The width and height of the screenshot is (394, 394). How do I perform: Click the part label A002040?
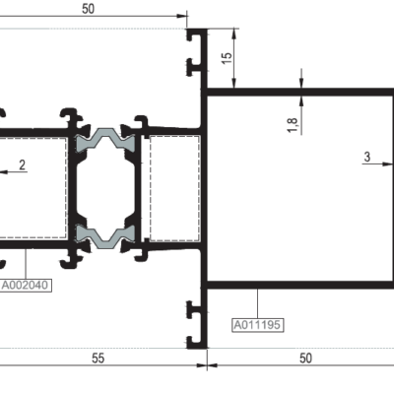click(27, 285)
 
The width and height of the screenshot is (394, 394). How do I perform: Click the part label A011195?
click(257, 325)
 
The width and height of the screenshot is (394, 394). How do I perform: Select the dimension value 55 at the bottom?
click(98, 359)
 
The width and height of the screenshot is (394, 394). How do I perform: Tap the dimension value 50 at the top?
click(88, 9)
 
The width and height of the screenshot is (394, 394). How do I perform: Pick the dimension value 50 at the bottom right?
click(305, 359)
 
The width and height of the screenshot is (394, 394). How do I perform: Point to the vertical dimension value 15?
click(227, 58)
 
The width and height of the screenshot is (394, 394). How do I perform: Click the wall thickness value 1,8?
click(293, 125)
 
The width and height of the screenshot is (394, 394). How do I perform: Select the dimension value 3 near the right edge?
click(367, 157)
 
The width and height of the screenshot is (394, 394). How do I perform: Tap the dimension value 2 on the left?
click(22, 164)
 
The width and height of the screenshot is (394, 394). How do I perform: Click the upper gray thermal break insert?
click(105, 140)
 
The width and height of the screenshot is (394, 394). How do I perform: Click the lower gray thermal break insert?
click(105, 235)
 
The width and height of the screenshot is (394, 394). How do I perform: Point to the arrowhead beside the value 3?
click(387, 164)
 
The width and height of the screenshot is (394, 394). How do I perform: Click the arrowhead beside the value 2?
click(4, 171)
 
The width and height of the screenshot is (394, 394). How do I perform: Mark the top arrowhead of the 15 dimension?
click(234, 33)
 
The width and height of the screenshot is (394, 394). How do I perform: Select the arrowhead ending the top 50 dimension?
click(181, 16)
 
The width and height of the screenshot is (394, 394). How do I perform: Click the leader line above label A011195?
click(258, 303)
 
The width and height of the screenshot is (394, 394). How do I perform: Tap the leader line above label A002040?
click(26, 264)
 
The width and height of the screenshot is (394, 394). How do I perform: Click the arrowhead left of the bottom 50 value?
click(213, 365)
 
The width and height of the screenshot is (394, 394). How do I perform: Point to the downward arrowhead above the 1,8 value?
click(301, 83)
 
